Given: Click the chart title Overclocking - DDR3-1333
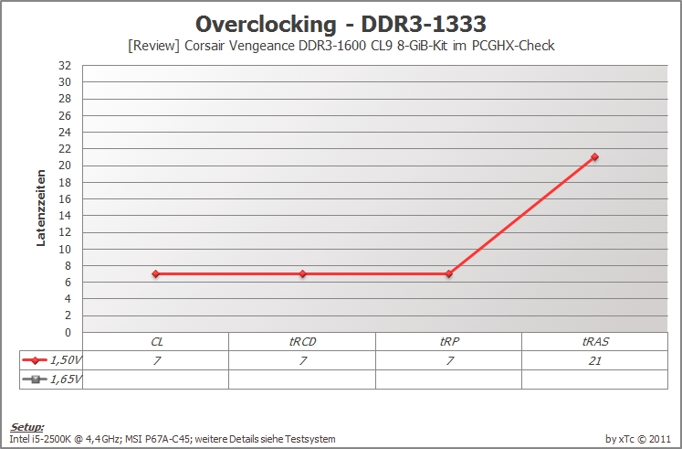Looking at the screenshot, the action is (x=341, y=25).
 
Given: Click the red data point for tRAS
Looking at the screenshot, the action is (x=594, y=156).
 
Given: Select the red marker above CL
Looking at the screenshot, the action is (x=156, y=274).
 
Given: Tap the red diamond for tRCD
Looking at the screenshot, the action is (x=303, y=274).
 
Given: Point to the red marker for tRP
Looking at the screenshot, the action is (x=449, y=274).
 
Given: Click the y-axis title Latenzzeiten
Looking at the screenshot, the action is (x=41, y=208).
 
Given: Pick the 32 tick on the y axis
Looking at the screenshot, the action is (x=65, y=66).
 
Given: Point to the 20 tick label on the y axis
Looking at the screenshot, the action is (x=65, y=166).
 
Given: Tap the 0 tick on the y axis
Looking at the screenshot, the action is (x=68, y=333).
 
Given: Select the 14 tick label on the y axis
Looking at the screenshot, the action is (x=65, y=216).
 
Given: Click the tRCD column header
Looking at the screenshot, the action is (x=303, y=342).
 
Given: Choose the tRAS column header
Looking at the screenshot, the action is (x=595, y=342).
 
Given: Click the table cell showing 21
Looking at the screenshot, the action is (x=594, y=360).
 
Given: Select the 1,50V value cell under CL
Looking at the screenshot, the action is (x=156, y=360).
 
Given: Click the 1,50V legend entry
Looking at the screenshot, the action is (x=51, y=360).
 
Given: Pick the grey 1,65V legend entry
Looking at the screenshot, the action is (x=51, y=380).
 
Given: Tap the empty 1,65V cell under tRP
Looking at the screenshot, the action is (x=449, y=380).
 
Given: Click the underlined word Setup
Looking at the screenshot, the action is (x=27, y=427).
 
